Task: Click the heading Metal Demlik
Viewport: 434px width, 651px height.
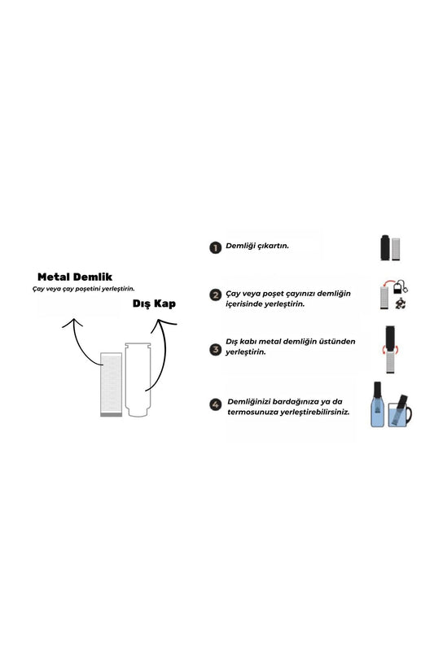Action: click(75, 277)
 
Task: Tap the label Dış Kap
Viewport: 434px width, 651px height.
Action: click(154, 304)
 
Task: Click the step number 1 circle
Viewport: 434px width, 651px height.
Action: click(215, 248)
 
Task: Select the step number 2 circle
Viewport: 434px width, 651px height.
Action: click(215, 295)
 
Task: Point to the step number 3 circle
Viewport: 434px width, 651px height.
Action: click(215, 349)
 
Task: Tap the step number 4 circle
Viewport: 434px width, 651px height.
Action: click(215, 404)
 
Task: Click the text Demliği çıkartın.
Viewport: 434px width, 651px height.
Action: click(257, 246)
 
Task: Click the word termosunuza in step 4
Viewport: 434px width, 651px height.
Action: click(252, 413)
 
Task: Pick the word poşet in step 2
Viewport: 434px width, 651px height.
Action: click(271, 294)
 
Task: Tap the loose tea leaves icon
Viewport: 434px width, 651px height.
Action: click(400, 304)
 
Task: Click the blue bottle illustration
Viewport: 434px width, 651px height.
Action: click(377, 404)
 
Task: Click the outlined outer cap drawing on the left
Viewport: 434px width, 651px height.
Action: click(138, 379)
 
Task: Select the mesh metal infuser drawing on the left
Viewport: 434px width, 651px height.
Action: click(112, 384)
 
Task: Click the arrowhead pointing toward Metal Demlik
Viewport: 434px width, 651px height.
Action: click(73, 321)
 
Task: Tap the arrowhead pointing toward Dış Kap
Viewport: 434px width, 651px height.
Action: click(163, 323)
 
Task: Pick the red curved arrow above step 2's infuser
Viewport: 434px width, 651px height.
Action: click(388, 282)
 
